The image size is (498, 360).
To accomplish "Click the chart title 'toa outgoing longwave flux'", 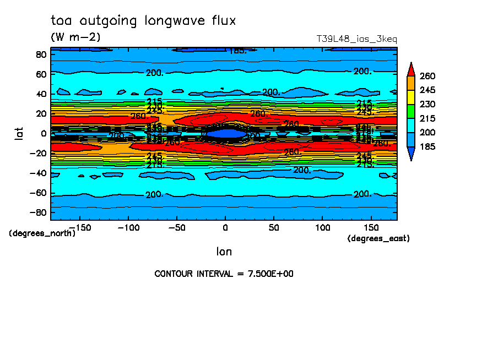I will click(x=143, y=21).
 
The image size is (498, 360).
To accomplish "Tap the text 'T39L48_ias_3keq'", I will click(x=356, y=39).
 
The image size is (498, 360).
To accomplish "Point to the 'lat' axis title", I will click(x=19, y=132).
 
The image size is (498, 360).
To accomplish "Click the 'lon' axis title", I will click(x=224, y=252).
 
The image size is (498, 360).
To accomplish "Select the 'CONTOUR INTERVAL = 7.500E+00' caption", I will click(x=224, y=274).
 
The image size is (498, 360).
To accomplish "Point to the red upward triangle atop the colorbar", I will click(x=410, y=69).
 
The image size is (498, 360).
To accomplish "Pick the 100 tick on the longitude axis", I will click(x=322, y=227).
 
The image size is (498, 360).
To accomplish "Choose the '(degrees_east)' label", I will click(x=378, y=238).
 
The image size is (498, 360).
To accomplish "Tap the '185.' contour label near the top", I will click(x=237, y=51).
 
